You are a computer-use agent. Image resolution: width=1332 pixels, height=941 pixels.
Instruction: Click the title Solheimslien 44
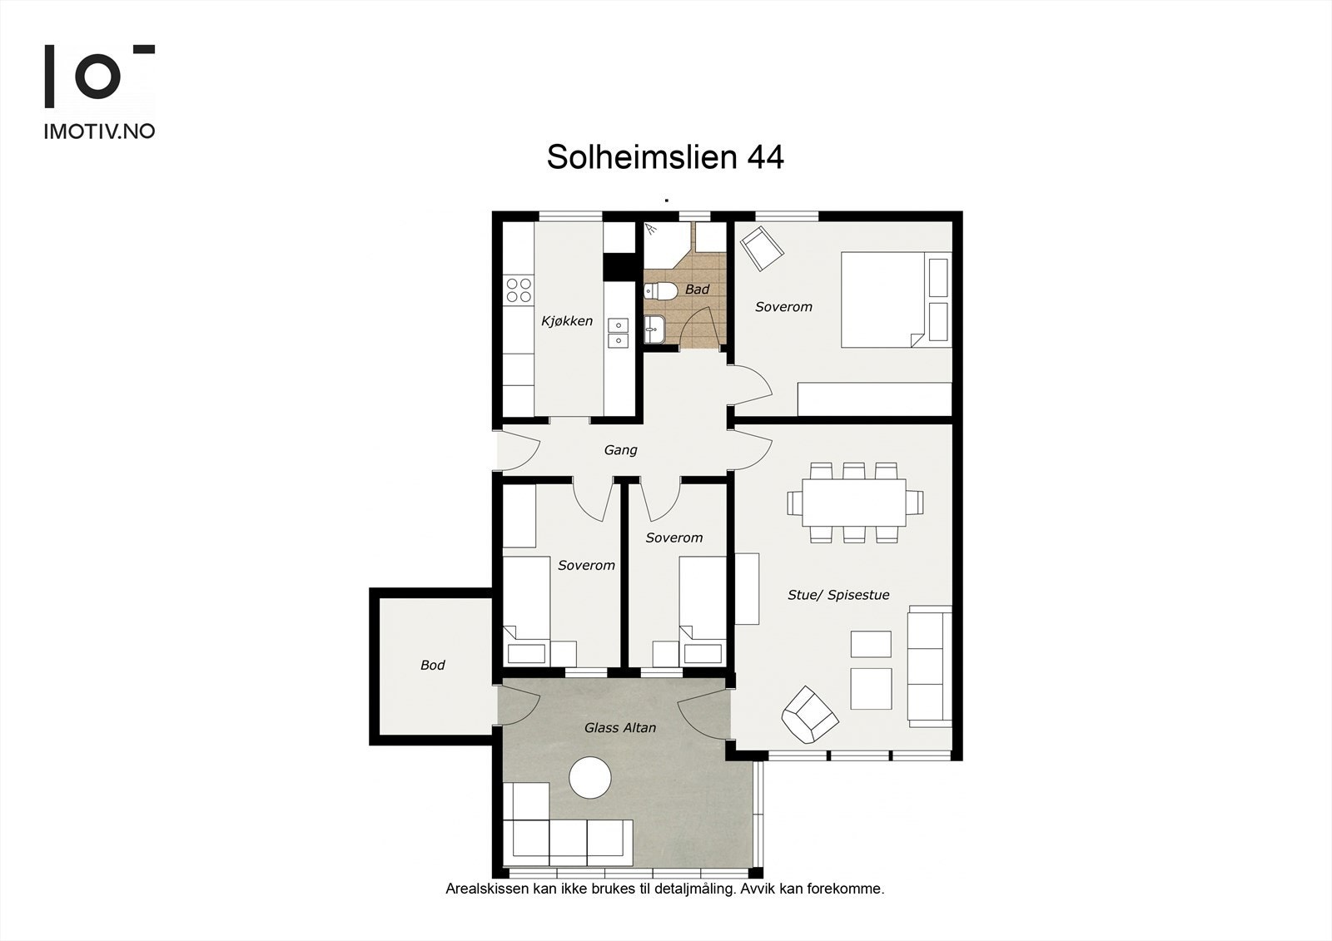click(x=664, y=157)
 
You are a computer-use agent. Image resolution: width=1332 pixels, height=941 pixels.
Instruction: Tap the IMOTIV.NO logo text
click(x=99, y=131)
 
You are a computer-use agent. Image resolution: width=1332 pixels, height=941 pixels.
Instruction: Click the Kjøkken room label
click(x=567, y=321)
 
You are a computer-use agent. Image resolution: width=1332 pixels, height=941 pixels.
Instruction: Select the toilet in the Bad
click(x=662, y=291)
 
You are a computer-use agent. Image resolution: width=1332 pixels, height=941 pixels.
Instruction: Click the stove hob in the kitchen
click(x=519, y=290)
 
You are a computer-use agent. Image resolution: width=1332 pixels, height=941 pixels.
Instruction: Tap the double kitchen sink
click(x=618, y=332)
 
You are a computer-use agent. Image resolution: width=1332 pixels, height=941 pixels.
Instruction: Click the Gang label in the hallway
click(x=620, y=450)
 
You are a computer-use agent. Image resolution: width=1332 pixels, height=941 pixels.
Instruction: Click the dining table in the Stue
click(x=854, y=503)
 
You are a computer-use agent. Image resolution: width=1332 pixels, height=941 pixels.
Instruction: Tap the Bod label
click(x=432, y=666)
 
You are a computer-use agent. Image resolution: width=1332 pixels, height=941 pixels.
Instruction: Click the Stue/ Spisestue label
click(x=838, y=595)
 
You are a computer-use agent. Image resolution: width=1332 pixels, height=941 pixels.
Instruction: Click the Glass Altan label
click(x=619, y=728)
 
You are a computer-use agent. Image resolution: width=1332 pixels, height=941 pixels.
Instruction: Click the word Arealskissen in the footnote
click(x=481, y=889)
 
